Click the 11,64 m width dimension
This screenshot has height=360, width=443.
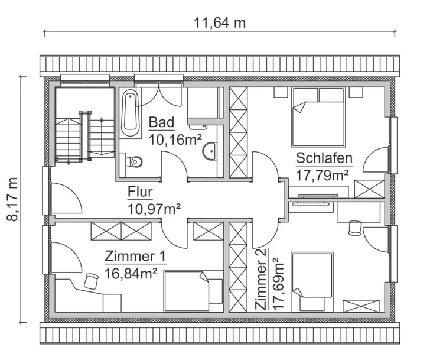click(x=220, y=23)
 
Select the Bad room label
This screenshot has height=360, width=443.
click(x=161, y=122)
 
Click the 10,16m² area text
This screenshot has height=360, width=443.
click(x=175, y=140)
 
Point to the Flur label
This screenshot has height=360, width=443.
click(x=141, y=192)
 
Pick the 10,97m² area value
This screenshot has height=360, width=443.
click(x=154, y=208)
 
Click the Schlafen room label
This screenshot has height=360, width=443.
click(x=324, y=158)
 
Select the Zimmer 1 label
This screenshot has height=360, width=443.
click(x=135, y=257)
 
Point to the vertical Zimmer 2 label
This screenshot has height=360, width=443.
click(x=261, y=278)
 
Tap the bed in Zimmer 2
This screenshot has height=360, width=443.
click(x=314, y=277)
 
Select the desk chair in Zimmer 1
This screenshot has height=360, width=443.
click(x=91, y=280)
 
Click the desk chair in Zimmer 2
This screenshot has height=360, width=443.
click(x=355, y=227)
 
